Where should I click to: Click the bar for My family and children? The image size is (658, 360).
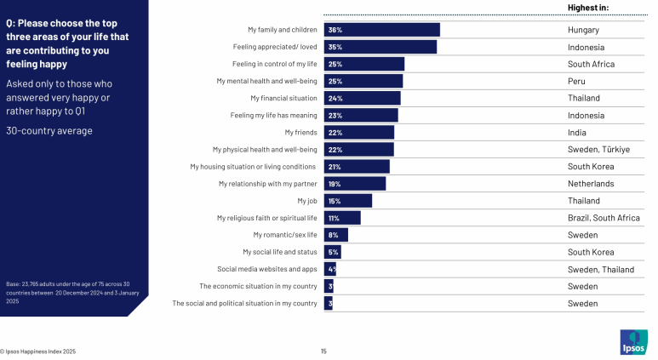[x=381, y=30]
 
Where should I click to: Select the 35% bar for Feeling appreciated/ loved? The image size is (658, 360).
[x=380, y=47]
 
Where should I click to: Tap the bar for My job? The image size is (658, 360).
[x=347, y=201]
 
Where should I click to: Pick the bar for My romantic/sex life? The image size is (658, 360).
[x=335, y=235]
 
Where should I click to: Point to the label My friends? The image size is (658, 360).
[x=300, y=132]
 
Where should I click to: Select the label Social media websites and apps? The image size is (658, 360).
[x=266, y=269]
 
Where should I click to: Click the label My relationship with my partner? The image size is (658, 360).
[x=267, y=183]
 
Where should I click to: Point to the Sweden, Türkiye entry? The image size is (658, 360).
[x=598, y=149]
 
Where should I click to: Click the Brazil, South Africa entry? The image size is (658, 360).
[x=604, y=218]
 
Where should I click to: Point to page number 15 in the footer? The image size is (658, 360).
[x=323, y=351]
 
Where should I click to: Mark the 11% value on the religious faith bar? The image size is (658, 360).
[x=334, y=218]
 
